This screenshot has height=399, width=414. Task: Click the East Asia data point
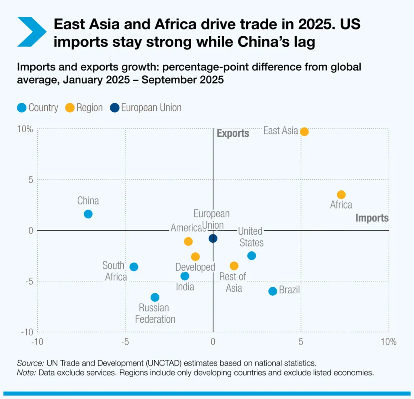304,132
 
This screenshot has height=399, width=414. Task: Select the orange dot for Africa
341,194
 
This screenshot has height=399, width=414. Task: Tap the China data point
88,214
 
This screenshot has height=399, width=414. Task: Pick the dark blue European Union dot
213,238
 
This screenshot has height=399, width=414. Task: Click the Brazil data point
272,291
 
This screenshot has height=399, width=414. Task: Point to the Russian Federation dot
155,297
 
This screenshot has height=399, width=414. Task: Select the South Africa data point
134,267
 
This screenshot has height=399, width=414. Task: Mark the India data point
185,276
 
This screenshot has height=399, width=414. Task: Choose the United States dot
251,255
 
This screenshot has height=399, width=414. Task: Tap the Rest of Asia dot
234,265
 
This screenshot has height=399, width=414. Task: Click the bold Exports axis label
233,134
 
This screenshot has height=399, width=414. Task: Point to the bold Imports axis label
372,218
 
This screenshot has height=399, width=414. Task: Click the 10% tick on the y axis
25,129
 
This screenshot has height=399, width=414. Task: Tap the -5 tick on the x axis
125,342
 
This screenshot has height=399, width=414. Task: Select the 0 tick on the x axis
213,342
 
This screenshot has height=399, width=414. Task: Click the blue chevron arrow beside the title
32,32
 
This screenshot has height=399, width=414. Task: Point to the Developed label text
195,267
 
